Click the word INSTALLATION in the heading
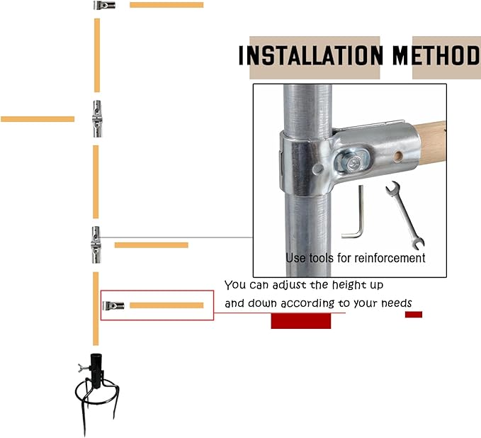pyautogui.click(x=311, y=55)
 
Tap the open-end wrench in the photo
pyautogui.click(x=405, y=215)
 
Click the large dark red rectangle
pyautogui.click(x=301, y=321)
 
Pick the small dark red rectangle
pyautogui.click(x=414, y=314)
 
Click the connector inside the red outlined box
pyautogui.click(x=113, y=305)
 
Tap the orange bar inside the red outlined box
pyautogui.click(x=166, y=305)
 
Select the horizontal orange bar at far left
pyautogui.click(x=38, y=119)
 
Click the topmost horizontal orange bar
pyautogui.click(x=166, y=5)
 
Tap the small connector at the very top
pyautogui.click(x=105, y=5)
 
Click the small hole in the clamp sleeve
pyautogui.click(x=398, y=155)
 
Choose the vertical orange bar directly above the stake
pyautogui.click(x=96, y=308)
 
